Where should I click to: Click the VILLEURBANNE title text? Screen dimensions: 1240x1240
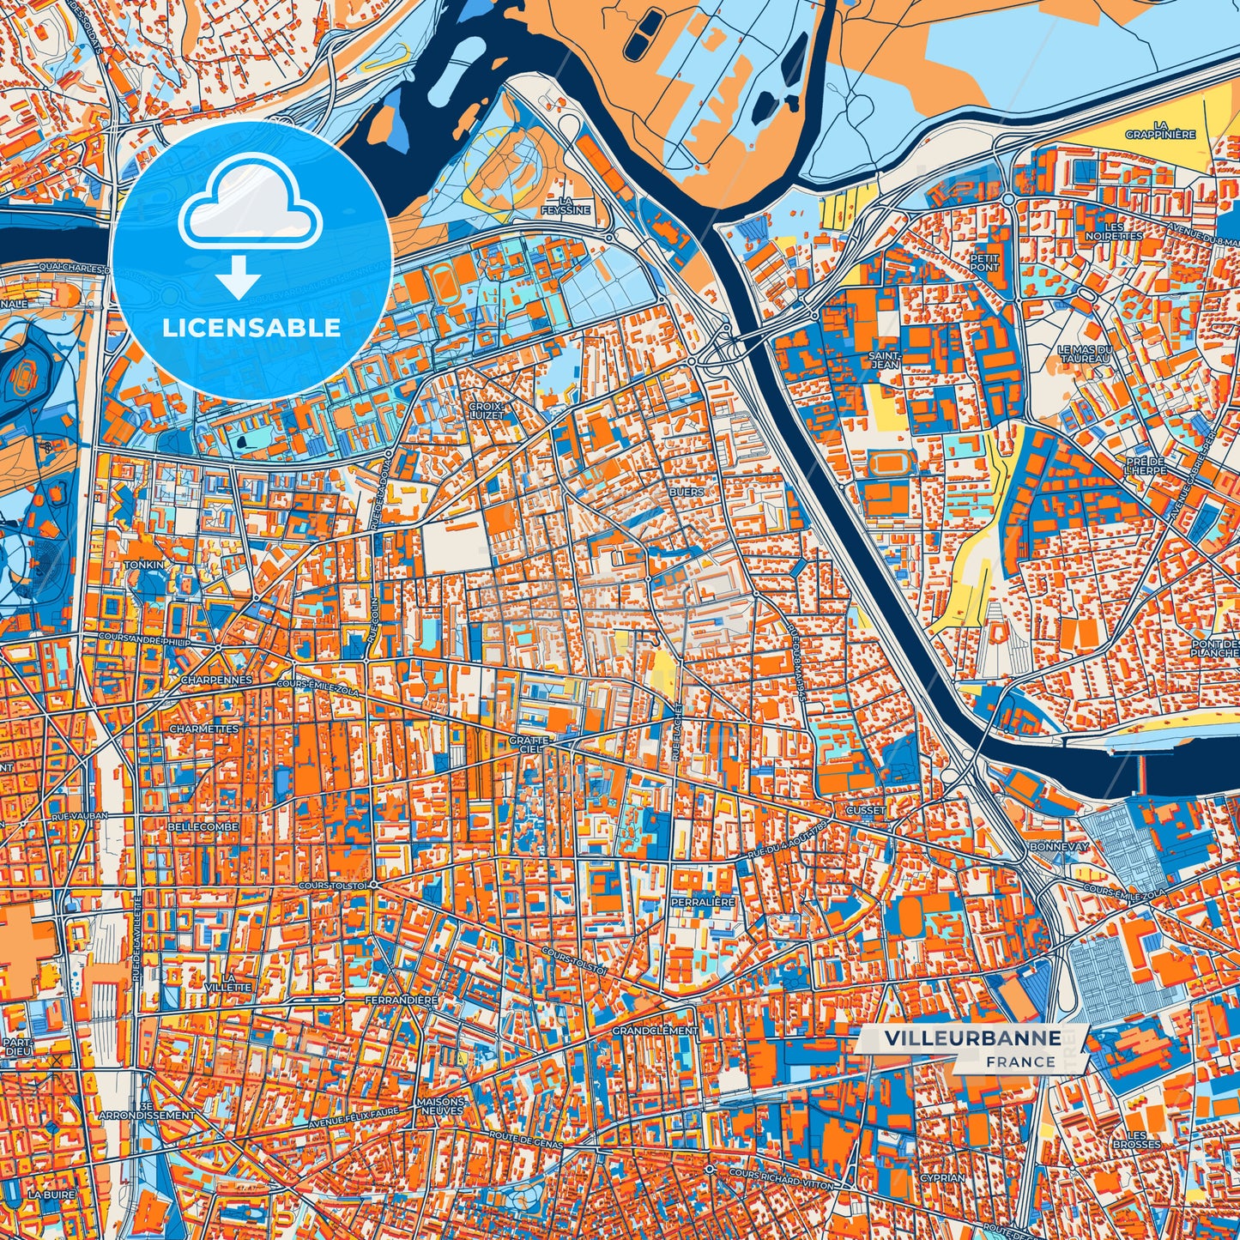click(972, 1038)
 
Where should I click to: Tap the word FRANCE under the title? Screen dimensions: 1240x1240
click(1020, 1062)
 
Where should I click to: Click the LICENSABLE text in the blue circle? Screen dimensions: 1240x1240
click(252, 328)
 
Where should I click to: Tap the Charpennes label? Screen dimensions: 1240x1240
click(216, 680)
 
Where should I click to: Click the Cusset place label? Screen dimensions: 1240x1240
click(865, 810)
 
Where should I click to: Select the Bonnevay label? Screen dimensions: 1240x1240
click(1058, 846)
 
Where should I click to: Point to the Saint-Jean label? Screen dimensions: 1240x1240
click(885, 360)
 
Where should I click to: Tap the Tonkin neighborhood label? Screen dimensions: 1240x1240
click(143, 566)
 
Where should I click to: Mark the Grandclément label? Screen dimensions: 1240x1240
click(655, 1030)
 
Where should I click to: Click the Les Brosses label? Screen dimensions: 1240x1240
click(1136, 1140)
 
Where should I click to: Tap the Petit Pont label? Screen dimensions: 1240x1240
click(984, 262)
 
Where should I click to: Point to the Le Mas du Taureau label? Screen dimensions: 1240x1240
click(1085, 354)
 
